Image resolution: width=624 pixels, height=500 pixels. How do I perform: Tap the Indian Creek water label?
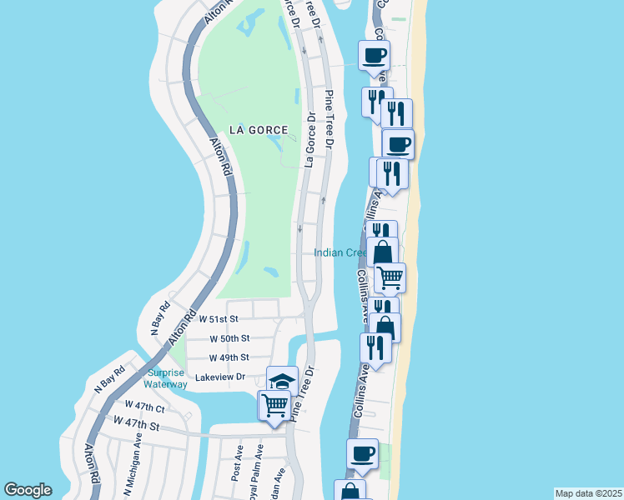point(341,252)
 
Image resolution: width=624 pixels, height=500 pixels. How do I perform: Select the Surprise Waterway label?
point(166,378)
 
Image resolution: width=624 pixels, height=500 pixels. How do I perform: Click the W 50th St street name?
point(229,338)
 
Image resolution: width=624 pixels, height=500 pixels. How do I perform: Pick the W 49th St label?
point(229,357)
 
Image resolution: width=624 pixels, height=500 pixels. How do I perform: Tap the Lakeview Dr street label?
point(219,377)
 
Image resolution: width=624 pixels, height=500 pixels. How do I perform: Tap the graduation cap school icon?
point(282,381)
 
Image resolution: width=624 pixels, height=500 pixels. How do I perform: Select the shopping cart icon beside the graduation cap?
point(274,406)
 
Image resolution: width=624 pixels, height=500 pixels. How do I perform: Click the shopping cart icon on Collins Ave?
point(390,277)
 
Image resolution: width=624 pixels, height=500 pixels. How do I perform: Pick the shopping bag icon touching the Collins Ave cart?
point(382,251)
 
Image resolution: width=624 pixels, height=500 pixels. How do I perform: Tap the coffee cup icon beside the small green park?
point(362,453)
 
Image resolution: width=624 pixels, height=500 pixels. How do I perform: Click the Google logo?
point(28,490)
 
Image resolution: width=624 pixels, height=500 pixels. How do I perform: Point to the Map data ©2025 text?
point(587,493)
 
